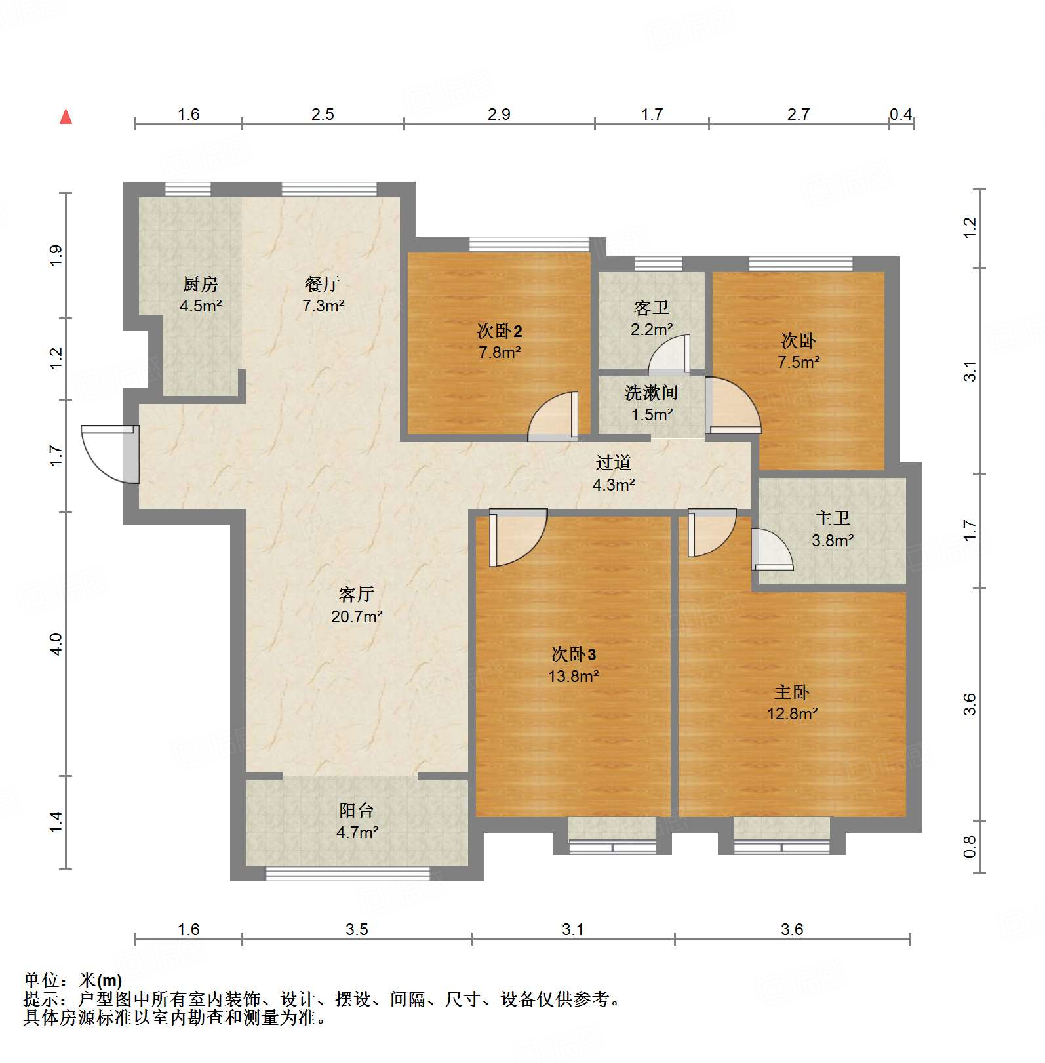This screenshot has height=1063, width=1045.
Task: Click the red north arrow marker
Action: (x=66, y=116)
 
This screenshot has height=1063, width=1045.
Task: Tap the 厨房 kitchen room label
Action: (x=200, y=294)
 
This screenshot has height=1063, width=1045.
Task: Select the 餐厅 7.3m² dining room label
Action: (x=323, y=294)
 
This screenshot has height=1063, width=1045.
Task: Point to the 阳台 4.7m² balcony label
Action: (x=357, y=820)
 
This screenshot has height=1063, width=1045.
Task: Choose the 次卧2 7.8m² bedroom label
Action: (x=500, y=341)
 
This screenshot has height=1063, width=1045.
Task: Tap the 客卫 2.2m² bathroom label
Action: (x=651, y=318)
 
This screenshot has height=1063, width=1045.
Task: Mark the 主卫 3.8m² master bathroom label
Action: (x=832, y=529)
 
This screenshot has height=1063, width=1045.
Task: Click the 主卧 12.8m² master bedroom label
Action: (x=792, y=702)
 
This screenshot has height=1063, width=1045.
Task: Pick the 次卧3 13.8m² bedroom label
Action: (x=573, y=664)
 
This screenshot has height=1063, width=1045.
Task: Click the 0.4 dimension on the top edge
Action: (x=900, y=114)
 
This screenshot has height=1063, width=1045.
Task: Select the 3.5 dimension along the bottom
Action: (x=357, y=929)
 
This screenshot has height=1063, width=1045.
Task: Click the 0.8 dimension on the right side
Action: (x=970, y=846)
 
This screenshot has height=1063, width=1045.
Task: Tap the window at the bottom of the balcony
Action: (x=347, y=873)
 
